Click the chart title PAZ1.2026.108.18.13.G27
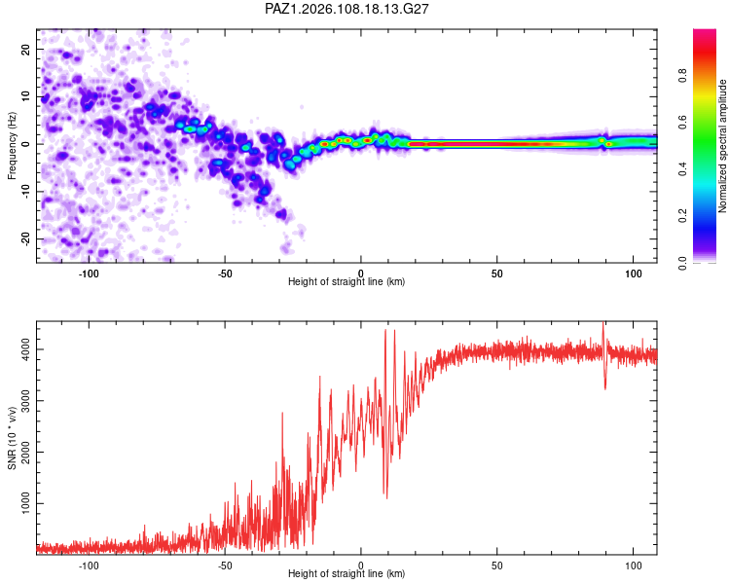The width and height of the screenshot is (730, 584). [347, 9]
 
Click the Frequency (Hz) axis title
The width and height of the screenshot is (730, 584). [12, 146]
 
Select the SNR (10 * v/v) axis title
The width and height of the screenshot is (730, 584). [12, 438]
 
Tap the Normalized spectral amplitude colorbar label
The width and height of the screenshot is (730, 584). [722, 146]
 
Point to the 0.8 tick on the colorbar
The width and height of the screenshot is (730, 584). [682, 75]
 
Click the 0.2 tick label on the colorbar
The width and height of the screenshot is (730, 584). [682, 216]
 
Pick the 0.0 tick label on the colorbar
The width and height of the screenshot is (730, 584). [682, 263]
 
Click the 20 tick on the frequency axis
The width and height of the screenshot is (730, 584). [26, 50]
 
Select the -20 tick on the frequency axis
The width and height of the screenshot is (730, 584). [26, 238]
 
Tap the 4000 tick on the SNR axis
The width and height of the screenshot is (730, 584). [26, 349]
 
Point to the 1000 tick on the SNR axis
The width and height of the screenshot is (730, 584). [26, 503]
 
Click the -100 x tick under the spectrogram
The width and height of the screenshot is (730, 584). [89, 274]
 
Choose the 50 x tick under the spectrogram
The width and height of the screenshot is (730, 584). [496, 274]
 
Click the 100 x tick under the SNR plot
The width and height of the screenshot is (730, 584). [634, 566]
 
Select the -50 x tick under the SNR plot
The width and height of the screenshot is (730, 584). [225, 566]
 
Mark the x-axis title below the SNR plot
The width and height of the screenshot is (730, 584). [347, 573]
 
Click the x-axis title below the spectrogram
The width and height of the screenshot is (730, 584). [347, 281]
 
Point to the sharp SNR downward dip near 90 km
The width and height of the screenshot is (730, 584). [604, 387]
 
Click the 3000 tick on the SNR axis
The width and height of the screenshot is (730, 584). [26, 400]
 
